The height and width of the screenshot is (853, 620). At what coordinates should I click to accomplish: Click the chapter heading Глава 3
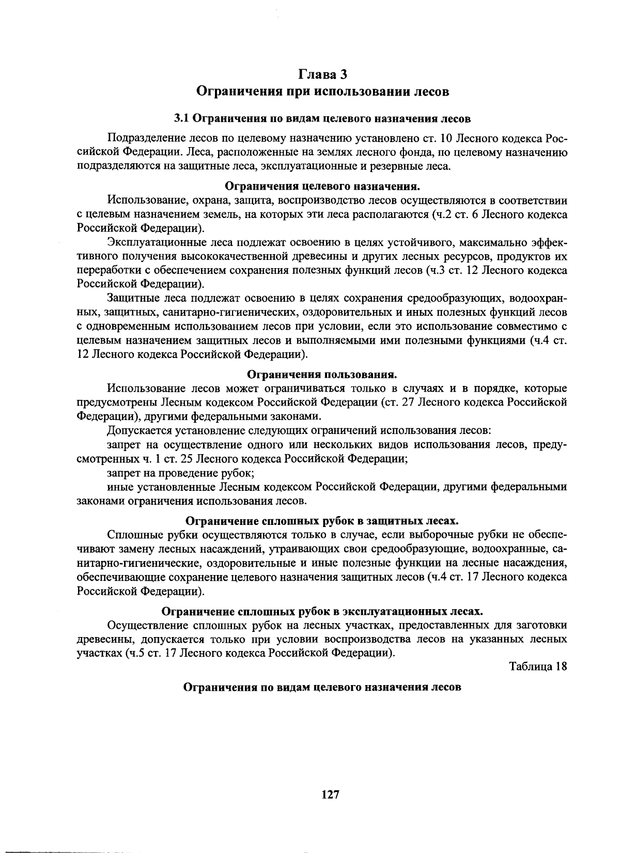coord(322,74)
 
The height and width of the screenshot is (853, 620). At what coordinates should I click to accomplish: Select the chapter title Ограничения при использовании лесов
coord(322,92)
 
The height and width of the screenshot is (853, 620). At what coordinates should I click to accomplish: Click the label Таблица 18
coord(538,666)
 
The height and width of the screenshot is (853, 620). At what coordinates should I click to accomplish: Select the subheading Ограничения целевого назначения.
coord(322,185)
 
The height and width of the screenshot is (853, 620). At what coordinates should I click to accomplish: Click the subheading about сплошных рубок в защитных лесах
coord(322,521)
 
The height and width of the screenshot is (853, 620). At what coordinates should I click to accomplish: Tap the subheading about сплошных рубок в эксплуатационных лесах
coord(322,612)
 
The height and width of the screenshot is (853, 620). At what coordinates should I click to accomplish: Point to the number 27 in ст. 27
coord(409,402)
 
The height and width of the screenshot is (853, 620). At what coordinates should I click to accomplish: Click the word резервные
coord(399,166)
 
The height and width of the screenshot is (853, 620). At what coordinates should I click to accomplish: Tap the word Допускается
coord(137,431)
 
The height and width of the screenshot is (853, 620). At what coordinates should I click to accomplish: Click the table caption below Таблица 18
coord(322,688)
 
